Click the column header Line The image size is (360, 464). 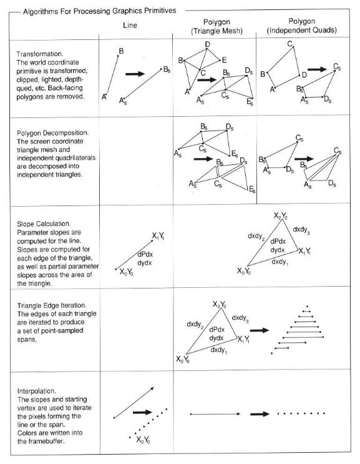131,26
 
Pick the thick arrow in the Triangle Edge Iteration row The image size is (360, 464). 259,330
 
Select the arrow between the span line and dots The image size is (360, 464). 259,413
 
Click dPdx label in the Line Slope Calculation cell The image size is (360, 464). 145,254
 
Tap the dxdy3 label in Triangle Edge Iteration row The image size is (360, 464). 242,318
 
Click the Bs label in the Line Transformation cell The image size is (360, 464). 166,70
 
